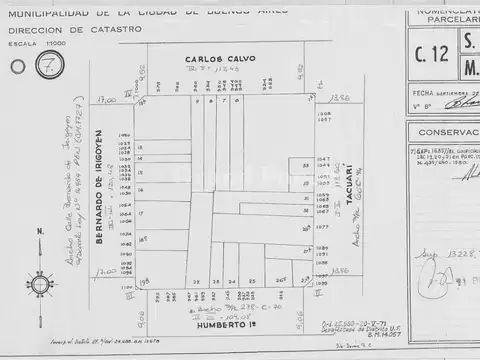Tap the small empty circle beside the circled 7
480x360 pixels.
coord(17,68)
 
